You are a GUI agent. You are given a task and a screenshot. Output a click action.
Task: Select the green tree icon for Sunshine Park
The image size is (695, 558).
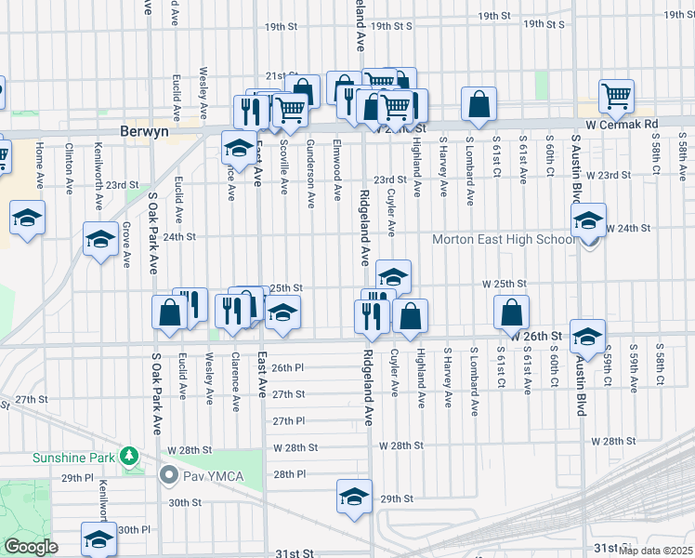point(132,457)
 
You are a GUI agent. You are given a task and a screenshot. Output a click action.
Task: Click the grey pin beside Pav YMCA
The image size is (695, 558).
point(168,476)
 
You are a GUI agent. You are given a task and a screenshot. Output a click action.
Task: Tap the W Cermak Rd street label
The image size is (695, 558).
point(622,124)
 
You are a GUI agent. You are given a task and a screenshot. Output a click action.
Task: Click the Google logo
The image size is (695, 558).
point(31,547)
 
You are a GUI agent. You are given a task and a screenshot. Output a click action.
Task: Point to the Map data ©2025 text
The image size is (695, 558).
point(656,551)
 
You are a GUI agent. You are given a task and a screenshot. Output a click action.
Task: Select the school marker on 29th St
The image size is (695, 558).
point(354,498)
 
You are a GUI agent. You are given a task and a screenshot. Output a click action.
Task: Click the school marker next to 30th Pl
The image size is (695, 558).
point(98,540)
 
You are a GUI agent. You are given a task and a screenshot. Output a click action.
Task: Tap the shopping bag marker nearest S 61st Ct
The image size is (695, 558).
point(512,313)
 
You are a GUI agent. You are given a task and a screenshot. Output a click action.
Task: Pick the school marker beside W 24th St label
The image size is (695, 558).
point(588,221)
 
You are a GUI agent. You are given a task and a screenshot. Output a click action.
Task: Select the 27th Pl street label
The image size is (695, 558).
point(290,420)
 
